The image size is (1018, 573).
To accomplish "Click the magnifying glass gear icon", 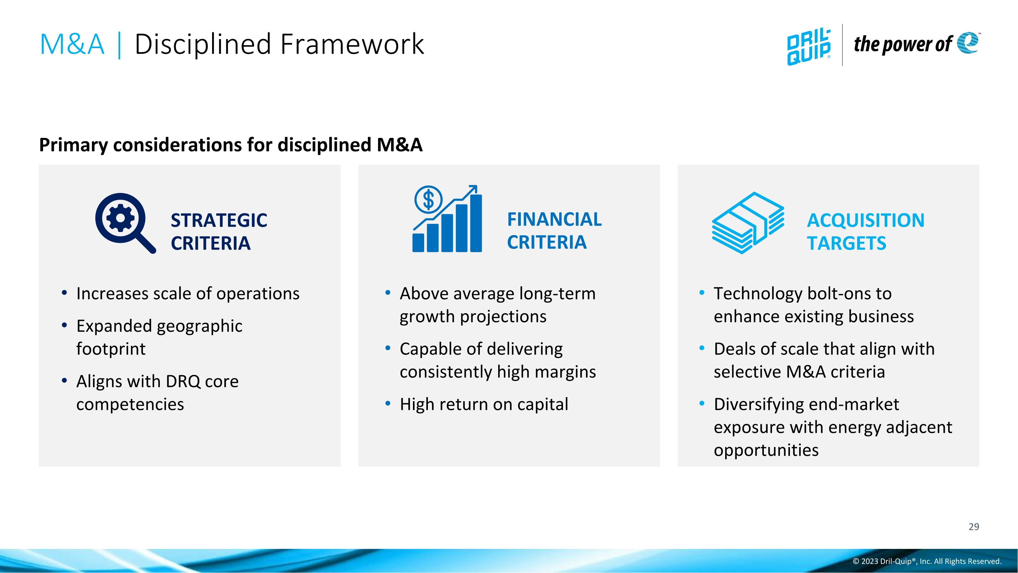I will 125,222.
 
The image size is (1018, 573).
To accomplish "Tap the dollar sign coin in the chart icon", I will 428,199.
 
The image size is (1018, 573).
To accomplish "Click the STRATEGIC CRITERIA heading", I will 219,231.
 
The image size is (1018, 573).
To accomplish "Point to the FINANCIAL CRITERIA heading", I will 554,231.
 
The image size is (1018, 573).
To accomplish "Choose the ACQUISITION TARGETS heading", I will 865,231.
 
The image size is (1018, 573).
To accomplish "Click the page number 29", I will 974,527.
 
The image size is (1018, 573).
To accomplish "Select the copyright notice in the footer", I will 927,561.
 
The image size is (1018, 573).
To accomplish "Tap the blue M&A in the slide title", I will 72,44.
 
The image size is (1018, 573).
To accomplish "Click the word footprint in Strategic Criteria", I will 111,349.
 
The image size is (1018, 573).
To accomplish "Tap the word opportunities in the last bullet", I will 766,450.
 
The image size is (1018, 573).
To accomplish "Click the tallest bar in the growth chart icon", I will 476,223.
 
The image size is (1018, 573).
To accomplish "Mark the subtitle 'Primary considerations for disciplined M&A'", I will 231,145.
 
